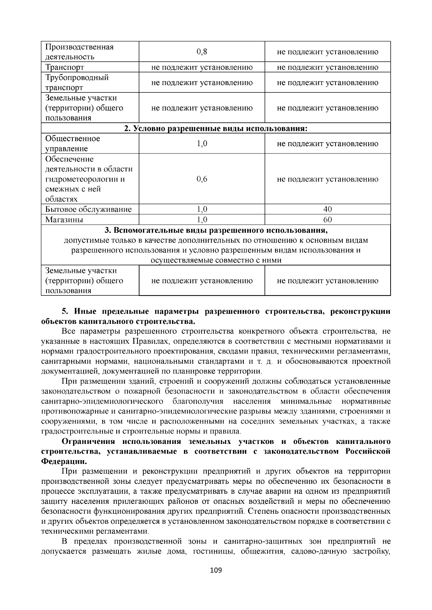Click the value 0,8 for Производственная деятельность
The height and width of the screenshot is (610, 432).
(x=202, y=52)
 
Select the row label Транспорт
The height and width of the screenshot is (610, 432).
(x=65, y=68)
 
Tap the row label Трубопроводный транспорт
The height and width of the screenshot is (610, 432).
(x=77, y=83)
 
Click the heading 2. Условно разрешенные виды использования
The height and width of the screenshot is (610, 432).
(x=216, y=128)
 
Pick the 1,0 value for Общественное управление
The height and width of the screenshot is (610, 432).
(x=202, y=144)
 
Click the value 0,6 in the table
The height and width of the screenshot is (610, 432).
(x=202, y=179)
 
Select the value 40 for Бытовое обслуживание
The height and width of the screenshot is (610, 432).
(x=328, y=209)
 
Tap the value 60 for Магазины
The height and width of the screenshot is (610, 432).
(x=328, y=220)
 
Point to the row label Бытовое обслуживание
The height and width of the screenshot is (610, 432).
(x=89, y=209)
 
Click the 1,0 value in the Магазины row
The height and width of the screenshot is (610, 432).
(x=202, y=220)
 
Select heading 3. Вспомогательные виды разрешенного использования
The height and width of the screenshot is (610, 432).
(x=216, y=230)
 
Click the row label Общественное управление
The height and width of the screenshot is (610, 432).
(x=73, y=144)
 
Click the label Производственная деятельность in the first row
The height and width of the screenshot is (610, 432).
(x=79, y=52)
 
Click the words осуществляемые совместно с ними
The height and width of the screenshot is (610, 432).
(x=216, y=260)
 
